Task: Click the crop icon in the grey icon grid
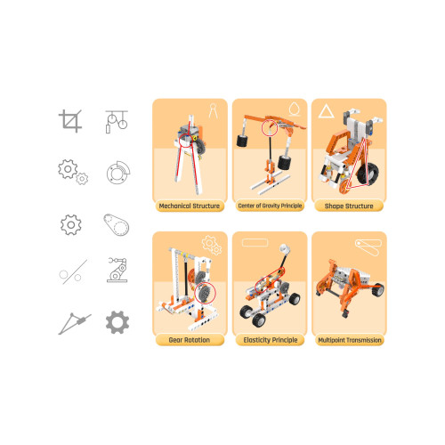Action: pos(70,121)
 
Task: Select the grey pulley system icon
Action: pos(117,122)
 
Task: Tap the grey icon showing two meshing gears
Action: pos(73,172)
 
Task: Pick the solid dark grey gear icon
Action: pos(117,322)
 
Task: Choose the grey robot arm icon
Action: pos(117,270)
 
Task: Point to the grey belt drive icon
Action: pos(117,224)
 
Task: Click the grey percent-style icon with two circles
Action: pos(73,272)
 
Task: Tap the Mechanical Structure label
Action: pos(190,206)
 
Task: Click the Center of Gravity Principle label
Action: pos(270,206)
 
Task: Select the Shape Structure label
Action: pos(349,206)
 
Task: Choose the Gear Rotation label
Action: pos(190,340)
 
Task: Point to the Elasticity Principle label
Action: pos(271,340)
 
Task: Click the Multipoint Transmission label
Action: pos(350,340)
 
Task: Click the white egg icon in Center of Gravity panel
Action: pos(295,109)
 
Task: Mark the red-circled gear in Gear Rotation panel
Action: pos(205,293)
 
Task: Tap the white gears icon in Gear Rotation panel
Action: pos(212,245)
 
